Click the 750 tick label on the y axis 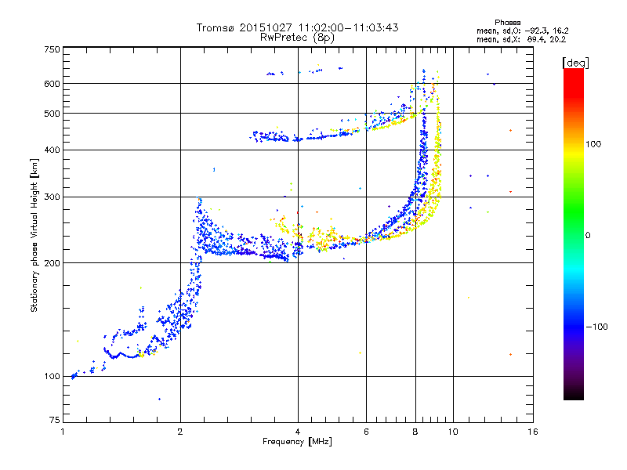point(52,49)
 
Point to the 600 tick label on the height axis point(52,83)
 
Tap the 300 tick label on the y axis point(52,196)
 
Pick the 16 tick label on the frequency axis point(532,432)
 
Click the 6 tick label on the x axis point(367,432)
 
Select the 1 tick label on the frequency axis point(63,432)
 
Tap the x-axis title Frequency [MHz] point(297,442)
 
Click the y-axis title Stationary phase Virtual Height point(34,235)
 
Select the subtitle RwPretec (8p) point(297,37)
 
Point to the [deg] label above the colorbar point(575,62)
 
